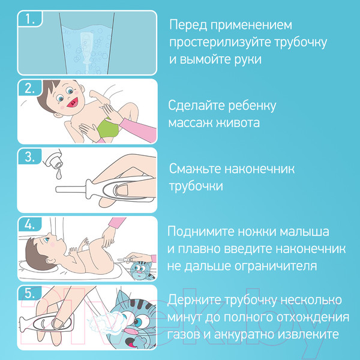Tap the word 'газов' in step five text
186,334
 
